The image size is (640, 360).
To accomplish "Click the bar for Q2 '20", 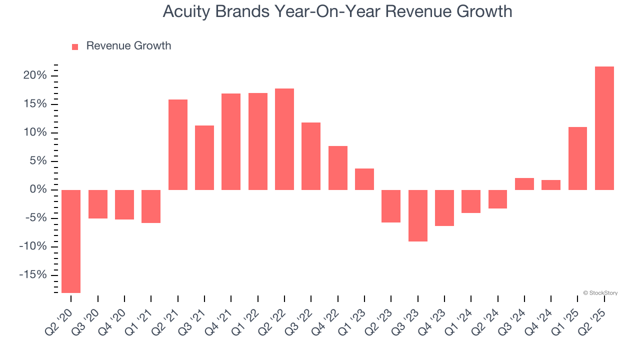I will tap(71, 241).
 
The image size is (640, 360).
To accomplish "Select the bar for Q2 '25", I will tap(604, 128).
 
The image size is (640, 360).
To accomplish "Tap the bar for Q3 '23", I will tap(418, 215).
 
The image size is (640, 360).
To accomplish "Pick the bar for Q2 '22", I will tap(284, 139).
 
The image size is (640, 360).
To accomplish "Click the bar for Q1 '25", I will tap(578, 158).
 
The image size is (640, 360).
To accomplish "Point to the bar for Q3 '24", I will tap(524, 183).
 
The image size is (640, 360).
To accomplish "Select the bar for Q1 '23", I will tap(364, 179).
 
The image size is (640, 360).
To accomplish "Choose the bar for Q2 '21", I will tap(178, 144).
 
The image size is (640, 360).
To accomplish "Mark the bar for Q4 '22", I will tap(338, 167).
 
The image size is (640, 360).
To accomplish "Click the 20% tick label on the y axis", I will tap(35, 75).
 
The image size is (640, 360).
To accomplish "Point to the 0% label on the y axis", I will tap(38, 189).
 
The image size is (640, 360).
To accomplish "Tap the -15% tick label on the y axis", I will tap(33, 275).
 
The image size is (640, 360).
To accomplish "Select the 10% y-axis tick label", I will tap(35, 132).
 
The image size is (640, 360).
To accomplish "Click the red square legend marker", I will tap(75, 46).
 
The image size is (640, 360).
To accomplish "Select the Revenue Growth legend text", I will tap(128, 46).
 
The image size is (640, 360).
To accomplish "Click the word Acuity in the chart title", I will tap(187, 11).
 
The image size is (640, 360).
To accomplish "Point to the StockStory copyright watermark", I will tap(600, 293).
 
